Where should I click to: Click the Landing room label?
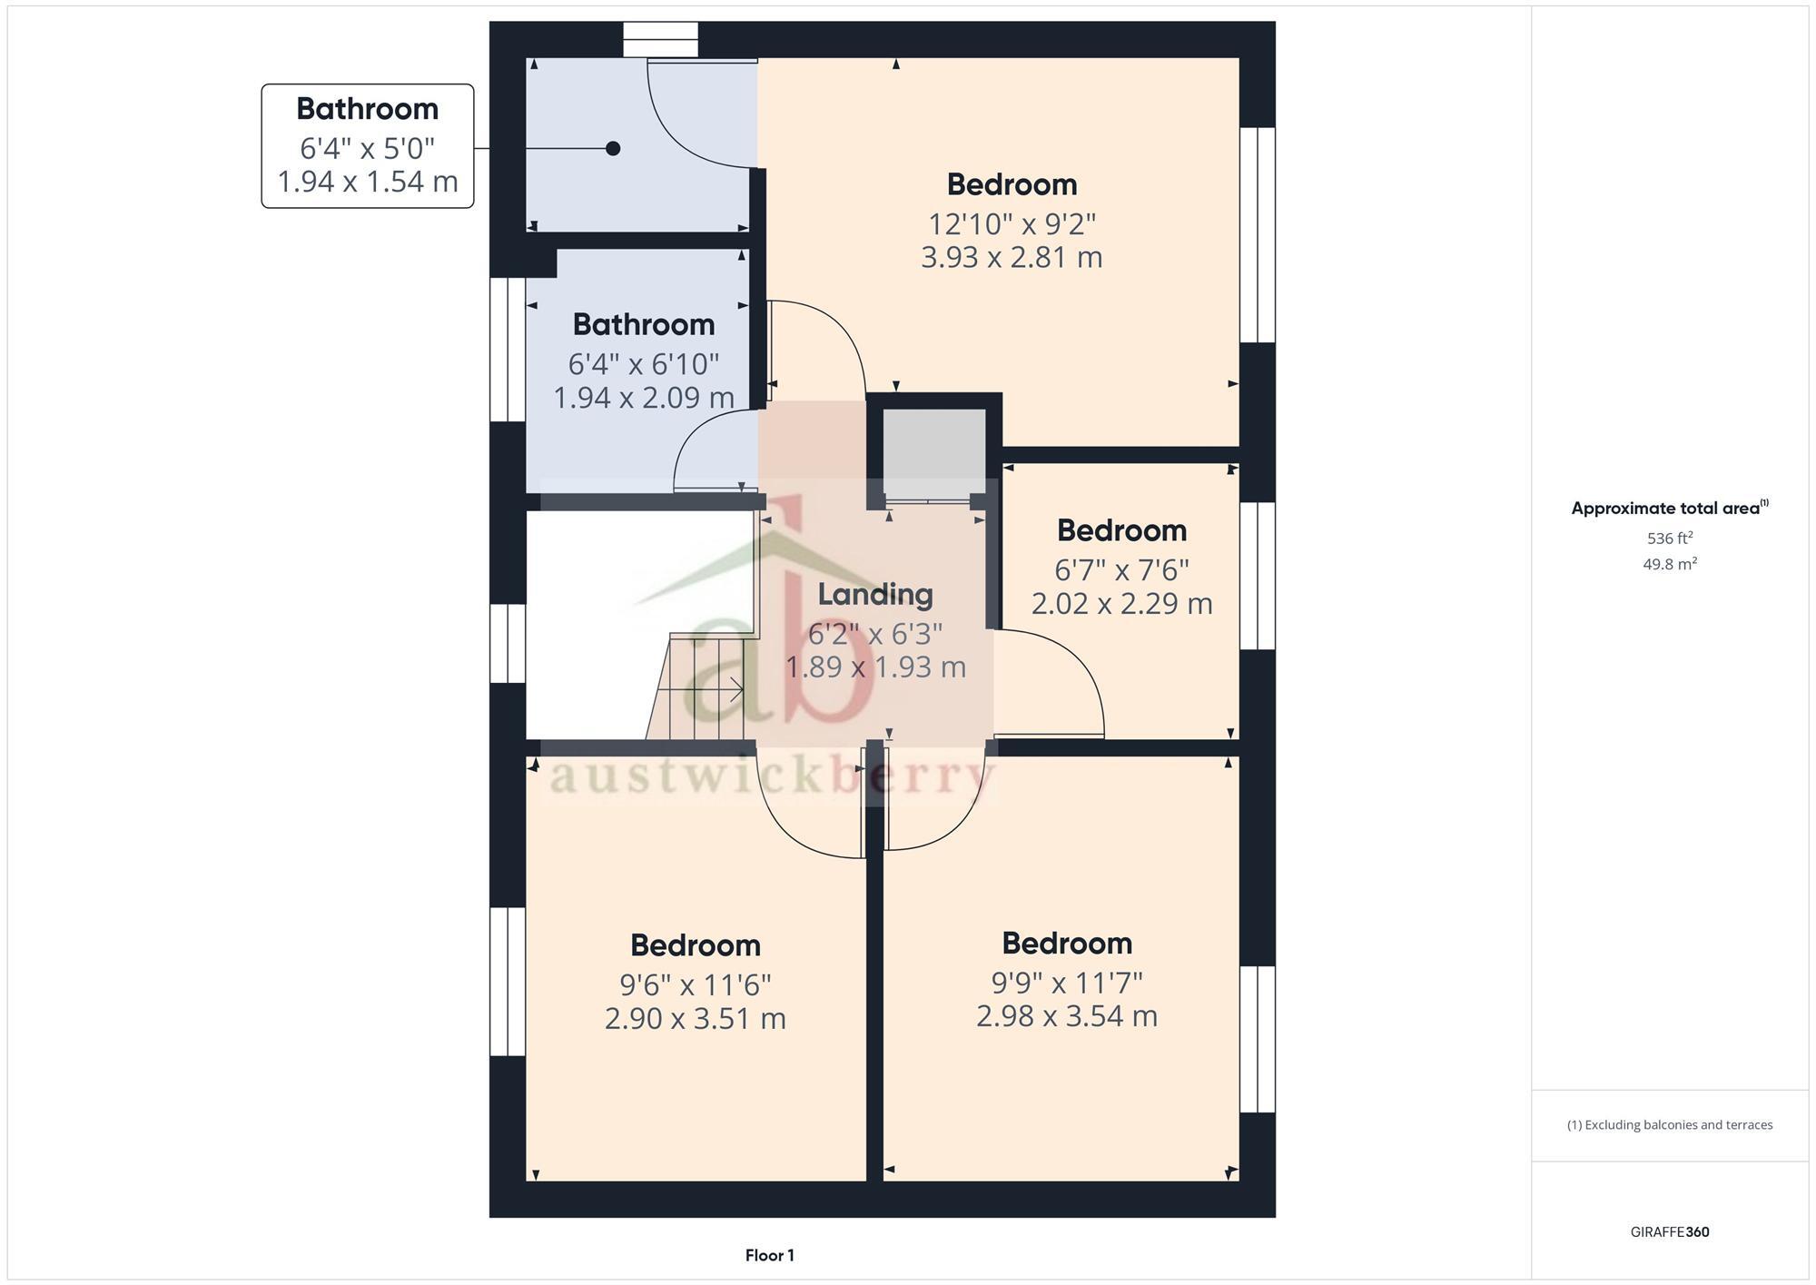(x=875, y=594)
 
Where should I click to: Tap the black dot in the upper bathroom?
(x=613, y=148)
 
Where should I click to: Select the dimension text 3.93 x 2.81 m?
(x=1012, y=258)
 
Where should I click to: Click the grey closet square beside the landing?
(x=934, y=453)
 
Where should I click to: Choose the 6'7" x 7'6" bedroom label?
(x=1121, y=530)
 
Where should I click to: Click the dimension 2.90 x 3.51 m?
(x=695, y=1019)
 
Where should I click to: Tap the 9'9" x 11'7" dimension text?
(x=1067, y=983)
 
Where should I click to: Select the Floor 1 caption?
(x=769, y=1255)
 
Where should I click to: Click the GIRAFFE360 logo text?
(x=1669, y=1232)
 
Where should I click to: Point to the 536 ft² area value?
(x=1669, y=539)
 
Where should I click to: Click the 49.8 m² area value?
(x=1669, y=564)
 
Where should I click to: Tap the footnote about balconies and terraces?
(x=1669, y=1125)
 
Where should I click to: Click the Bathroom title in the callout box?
(x=367, y=109)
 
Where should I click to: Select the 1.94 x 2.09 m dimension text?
(x=644, y=398)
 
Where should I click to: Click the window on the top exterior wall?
(x=660, y=40)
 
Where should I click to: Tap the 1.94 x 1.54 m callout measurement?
(x=367, y=182)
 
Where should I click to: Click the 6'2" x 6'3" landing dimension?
(x=875, y=633)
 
